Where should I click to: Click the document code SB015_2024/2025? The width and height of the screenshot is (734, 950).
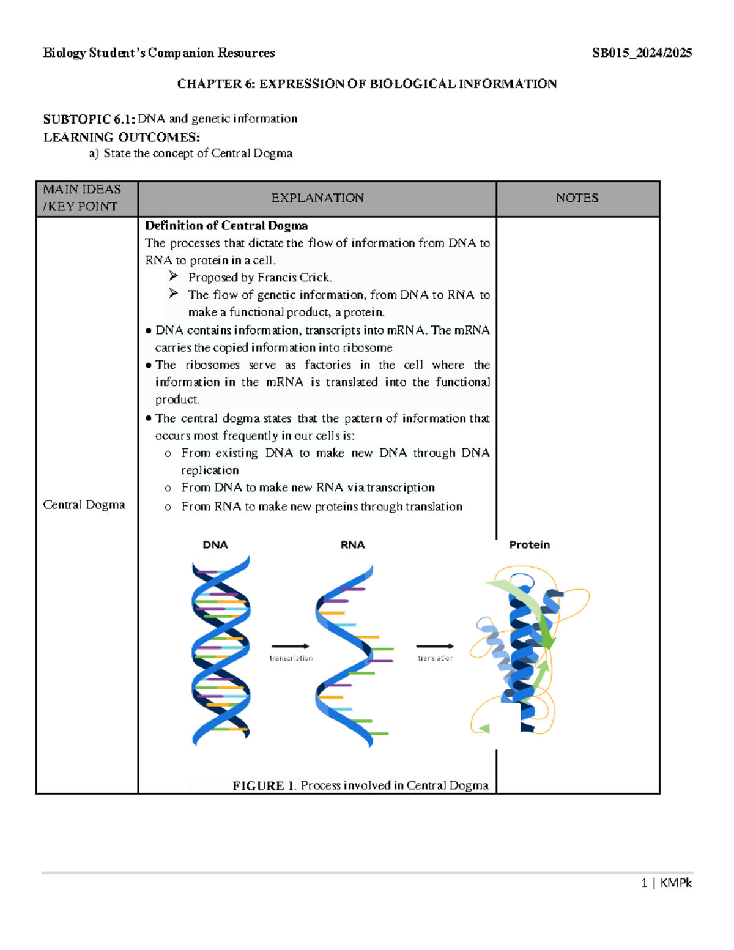click(642, 53)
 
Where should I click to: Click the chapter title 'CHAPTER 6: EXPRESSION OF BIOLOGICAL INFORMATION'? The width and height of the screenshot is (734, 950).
click(366, 84)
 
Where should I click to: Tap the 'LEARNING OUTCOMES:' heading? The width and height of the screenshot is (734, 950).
click(121, 137)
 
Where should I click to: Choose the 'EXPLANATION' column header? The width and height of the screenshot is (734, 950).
click(317, 198)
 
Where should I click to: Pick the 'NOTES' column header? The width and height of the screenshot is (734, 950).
click(577, 198)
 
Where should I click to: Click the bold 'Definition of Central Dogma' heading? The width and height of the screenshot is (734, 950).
click(226, 226)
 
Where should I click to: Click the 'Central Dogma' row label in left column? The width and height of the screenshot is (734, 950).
click(84, 505)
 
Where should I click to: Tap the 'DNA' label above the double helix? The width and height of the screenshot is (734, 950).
click(215, 544)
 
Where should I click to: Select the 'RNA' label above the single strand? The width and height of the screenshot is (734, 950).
click(352, 544)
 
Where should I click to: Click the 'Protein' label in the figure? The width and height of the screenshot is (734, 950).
click(529, 544)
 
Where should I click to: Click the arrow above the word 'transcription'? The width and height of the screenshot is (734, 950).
click(290, 646)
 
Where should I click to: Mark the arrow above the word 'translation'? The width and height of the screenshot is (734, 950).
click(435, 646)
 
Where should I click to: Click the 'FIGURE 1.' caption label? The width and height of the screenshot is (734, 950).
click(264, 785)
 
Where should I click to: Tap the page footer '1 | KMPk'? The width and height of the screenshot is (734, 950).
click(666, 883)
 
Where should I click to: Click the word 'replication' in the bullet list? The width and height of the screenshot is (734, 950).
click(210, 470)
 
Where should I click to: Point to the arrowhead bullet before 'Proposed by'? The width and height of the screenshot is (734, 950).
click(174, 276)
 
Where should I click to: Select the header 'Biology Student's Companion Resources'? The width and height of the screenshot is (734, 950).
click(158, 53)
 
